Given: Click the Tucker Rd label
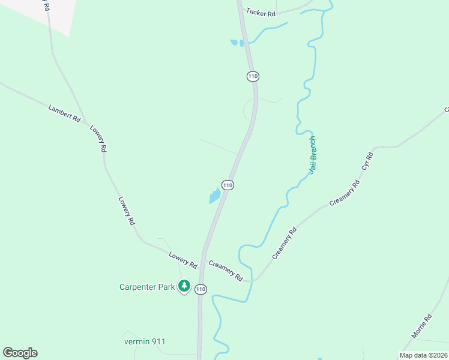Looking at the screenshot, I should point(260,12).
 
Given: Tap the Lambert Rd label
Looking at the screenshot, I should point(64,113).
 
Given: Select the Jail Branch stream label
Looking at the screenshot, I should point(312,155).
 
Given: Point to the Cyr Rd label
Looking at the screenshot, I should point(367,163).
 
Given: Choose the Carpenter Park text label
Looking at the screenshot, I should point(146,287).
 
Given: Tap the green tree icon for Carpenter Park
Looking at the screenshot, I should point(185,286).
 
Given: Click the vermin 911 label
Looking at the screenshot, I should point(144,341).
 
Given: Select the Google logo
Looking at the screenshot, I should point(20,353).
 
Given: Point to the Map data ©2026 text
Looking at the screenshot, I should point(423,355).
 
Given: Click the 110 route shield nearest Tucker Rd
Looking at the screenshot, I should point(253,76).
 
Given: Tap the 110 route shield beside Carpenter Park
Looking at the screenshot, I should point(200,289).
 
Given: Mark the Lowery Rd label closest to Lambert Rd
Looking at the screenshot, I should point(98,139).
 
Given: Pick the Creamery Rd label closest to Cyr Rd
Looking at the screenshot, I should point(345,192).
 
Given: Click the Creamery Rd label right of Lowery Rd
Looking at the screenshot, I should point(226,271).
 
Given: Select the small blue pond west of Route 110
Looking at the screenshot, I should point(214,196).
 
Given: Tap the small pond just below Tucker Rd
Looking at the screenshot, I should point(234,42).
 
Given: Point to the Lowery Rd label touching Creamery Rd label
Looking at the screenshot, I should point(182,260).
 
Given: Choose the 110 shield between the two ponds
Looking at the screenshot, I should point(227,185).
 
